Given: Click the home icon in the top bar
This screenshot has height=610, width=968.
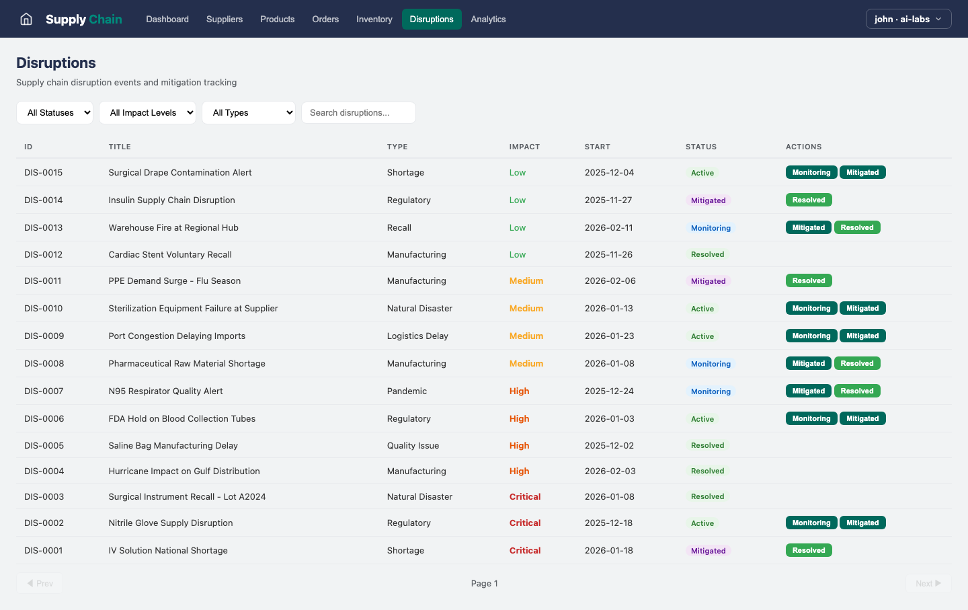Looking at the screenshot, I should [x=26, y=19].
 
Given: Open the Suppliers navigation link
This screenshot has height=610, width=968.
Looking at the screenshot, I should [x=224, y=19].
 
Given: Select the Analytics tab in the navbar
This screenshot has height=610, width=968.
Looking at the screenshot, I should [x=488, y=19].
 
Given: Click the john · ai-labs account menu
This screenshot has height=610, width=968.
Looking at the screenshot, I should [x=908, y=19].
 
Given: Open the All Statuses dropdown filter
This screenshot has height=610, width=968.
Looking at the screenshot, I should [x=55, y=113].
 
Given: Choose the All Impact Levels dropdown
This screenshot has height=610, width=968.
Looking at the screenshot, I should [x=147, y=113].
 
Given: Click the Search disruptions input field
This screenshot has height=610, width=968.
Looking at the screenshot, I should [x=358, y=113].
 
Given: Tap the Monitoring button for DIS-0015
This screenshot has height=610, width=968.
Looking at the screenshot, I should [x=811, y=173].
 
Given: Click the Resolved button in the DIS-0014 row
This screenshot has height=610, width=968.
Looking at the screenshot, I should [x=809, y=200].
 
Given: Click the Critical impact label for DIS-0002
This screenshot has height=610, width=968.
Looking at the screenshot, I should [x=525, y=523].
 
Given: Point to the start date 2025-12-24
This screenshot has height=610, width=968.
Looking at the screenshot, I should [x=609, y=391].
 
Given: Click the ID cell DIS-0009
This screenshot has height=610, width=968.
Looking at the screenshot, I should [x=44, y=336].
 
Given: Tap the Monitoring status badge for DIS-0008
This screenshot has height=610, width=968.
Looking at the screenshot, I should [x=711, y=364].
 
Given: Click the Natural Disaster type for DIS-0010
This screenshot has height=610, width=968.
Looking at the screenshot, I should [x=419, y=309].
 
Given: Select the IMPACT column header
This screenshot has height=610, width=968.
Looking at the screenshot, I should [x=524, y=147].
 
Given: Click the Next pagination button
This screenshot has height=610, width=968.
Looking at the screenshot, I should [x=928, y=584].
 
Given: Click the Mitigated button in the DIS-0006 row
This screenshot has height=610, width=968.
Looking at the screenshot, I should [x=862, y=419].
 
